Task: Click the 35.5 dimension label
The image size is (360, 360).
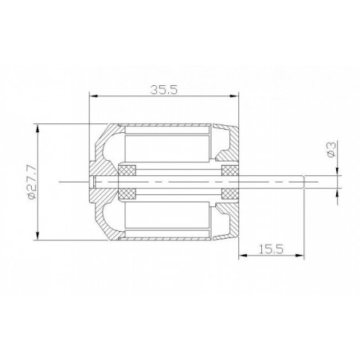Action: (163, 90)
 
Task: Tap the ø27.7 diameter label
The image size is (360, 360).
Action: (31, 182)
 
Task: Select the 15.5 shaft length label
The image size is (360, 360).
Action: (271, 249)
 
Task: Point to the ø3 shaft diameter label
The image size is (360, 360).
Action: (331, 149)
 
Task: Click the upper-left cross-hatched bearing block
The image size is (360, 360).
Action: (127, 170)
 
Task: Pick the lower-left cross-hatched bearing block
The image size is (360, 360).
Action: (127, 194)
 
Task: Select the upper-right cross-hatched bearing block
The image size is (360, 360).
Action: (230, 170)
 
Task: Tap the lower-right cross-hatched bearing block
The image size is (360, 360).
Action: (230, 194)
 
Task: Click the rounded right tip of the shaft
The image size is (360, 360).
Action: (303, 182)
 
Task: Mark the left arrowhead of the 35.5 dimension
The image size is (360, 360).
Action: (93, 96)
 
